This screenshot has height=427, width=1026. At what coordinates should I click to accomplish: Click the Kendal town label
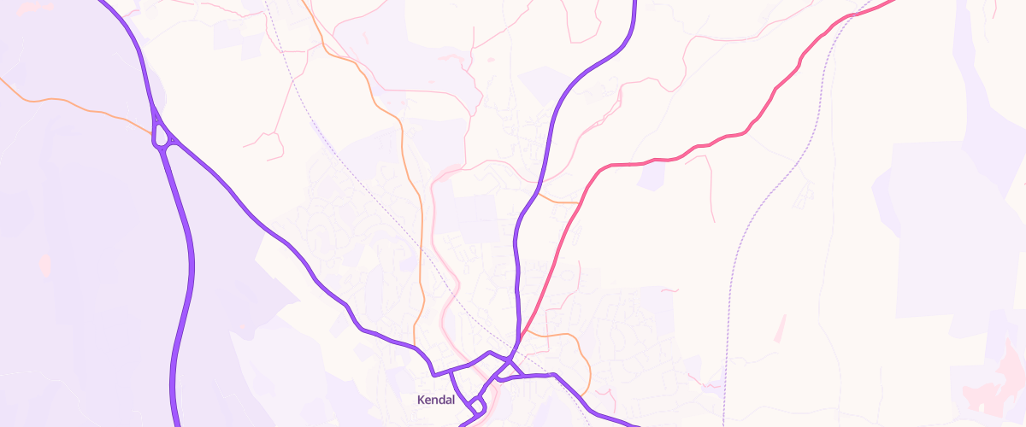click(436, 400)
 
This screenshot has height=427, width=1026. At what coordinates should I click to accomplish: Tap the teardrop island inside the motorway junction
click(162, 137)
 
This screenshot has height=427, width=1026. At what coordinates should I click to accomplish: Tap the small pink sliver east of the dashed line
click(780, 327)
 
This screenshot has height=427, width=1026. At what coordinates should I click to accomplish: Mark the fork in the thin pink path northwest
click(276, 134)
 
